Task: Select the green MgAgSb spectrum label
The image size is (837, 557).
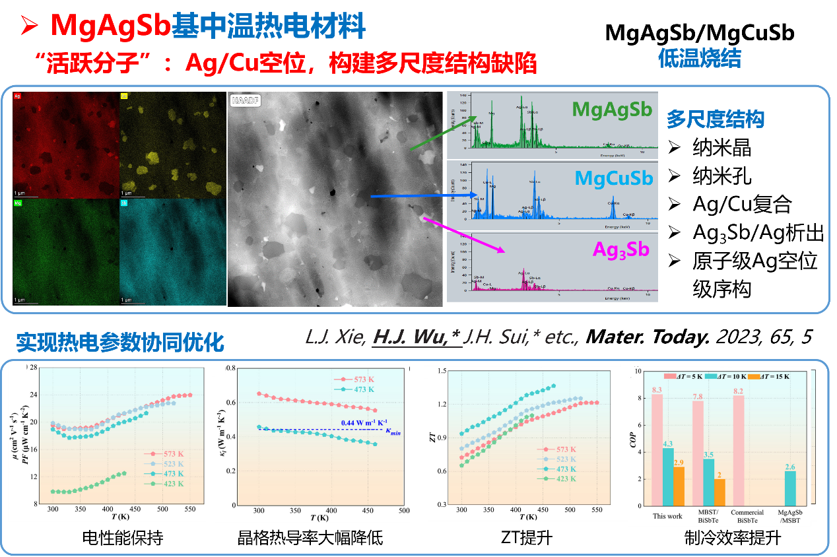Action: pyautogui.click(x=613, y=110)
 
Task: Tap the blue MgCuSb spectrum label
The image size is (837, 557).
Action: pyautogui.click(x=613, y=178)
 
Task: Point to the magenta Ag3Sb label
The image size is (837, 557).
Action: pyautogui.click(x=620, y=249)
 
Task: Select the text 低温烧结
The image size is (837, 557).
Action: pyautogui.click(x=699, y=59)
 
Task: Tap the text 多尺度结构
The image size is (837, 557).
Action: pyautogui.click(x=715, y=119)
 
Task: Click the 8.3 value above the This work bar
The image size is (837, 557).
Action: pyautogui.click(x=657, y=389)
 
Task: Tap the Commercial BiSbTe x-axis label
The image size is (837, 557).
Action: pyautogui.click(x=747, y=516)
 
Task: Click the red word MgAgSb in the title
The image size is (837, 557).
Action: pyautogui.click(x=110, y=26)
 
